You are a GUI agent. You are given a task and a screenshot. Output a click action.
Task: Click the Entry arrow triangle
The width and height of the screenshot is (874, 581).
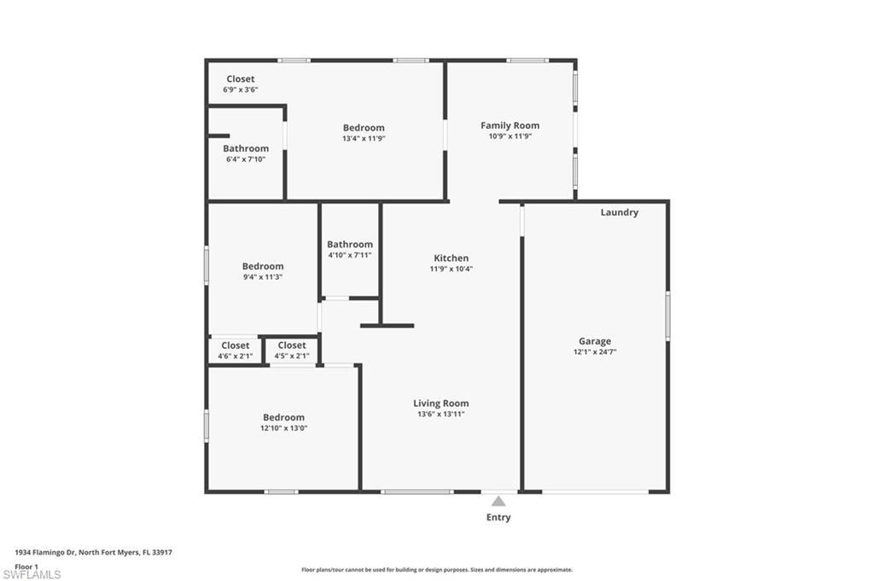pos(498,501)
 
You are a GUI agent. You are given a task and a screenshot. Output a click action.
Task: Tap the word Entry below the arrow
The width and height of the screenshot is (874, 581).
pos(498,518)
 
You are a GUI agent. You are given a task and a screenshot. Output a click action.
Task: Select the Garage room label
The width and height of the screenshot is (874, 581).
pos(595,341)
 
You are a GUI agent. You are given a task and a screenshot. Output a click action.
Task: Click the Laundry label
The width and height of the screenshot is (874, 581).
pos(620,212)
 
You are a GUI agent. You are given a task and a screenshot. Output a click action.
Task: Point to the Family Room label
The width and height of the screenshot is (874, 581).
pos(510,126)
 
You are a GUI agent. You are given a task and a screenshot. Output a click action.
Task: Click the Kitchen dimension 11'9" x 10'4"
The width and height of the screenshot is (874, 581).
pos(452,269)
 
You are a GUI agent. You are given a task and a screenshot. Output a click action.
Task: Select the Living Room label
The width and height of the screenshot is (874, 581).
pos(441,404)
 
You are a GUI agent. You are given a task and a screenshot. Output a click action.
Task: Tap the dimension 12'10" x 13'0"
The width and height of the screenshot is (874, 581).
pos(283,428)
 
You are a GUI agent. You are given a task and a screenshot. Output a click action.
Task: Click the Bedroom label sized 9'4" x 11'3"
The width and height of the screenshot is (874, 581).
pos(263,266)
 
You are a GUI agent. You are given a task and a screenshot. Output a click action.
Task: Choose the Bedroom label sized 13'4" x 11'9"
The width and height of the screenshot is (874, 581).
pos(364,128)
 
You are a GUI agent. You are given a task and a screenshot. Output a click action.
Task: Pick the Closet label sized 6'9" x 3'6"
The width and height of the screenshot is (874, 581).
pos(240,79)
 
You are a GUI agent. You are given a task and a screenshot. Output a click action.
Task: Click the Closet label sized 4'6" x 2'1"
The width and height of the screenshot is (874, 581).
pos(236,346)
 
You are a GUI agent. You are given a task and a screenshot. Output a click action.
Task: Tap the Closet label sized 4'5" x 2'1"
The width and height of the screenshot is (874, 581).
pos(292,346)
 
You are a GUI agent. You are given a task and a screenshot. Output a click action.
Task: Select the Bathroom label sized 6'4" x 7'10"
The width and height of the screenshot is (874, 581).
pos(246,148)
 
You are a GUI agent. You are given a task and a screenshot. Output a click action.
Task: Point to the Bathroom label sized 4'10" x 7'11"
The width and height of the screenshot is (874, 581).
pos(350,245)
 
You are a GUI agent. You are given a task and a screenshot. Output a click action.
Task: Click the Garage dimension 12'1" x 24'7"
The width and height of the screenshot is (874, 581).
pos(595,352)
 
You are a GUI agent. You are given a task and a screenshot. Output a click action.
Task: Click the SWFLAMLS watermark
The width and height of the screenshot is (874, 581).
pos(32,574)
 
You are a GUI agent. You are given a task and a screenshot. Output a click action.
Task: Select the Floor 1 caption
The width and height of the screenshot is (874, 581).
pos(26,567)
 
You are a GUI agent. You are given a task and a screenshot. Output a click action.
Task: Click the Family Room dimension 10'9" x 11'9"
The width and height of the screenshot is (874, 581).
pos(510,137)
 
